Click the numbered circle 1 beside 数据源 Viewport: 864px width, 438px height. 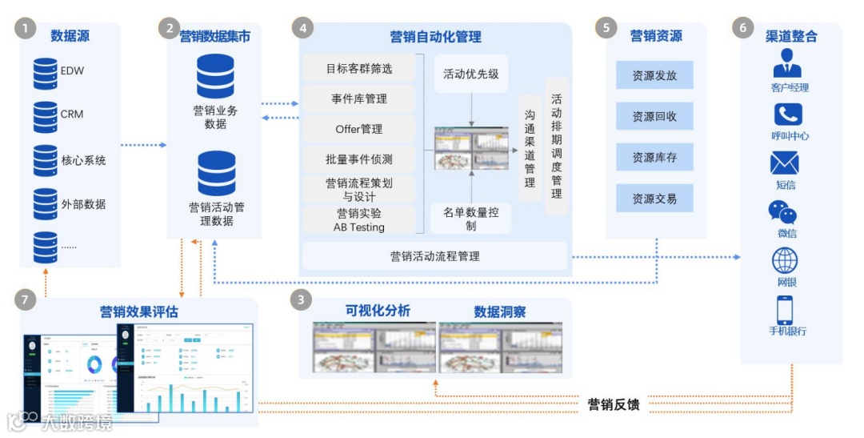pos(26,29)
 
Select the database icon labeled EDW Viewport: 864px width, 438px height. pos(45,73)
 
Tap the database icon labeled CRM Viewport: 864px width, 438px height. pos(45,116)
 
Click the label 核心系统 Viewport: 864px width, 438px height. pos(83,160)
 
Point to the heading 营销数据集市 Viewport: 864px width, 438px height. pos(214,35)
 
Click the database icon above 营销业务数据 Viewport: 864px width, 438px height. pos(215,76)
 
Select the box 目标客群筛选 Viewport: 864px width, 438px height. pos(359,69)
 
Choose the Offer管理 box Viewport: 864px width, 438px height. pos(359,129)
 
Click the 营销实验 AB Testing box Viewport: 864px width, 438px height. pos(359,220)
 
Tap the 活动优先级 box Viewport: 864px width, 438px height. pos(471,74)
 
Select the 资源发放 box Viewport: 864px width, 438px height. pos(654,75)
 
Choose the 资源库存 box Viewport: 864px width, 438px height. pos(654,158)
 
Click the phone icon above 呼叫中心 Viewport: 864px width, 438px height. pos(788,115)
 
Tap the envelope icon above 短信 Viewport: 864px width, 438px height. pos(785,163)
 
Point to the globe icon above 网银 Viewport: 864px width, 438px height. pos(785,261)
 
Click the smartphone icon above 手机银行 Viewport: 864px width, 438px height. pos(785,310)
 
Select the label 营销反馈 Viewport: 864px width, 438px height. pos(614,404)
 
